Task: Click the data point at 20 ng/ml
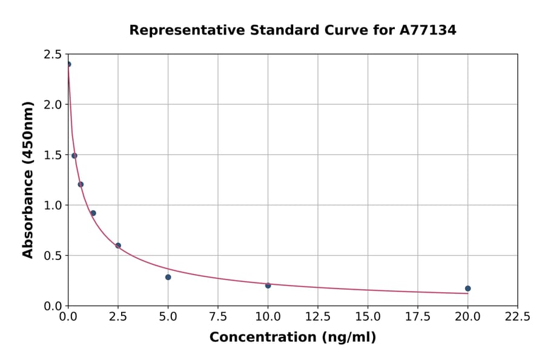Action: click(x=467, y=288)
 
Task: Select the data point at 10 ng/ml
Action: click(x=268, y=285)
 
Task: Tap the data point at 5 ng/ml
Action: click(x=168, y=277)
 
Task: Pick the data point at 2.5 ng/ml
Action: click(x=118, y=245)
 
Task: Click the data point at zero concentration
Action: click(x=68, y=64)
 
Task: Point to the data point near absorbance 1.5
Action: click(x=74, y=156)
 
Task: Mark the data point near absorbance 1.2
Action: click(x=81, y=184)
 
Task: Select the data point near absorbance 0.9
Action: click(x=93, y=213)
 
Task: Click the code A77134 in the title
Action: click(x=429, y=30)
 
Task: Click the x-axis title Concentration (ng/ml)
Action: click(x=292, y=338)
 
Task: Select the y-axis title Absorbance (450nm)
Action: click(x=28, y=179)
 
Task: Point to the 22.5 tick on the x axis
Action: click(x=517, y=316)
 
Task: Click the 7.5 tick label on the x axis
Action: click(x=218, y=316)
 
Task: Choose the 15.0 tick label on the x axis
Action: click(x=368, y=316)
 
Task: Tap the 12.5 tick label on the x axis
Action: click(x=318, y=316)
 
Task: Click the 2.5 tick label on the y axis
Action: click(x=53, y=55)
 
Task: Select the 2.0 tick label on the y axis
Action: click(x=53, y=105)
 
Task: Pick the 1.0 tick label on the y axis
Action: click(x=53, y=205)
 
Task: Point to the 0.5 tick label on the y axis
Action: click(x=53, y=256)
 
